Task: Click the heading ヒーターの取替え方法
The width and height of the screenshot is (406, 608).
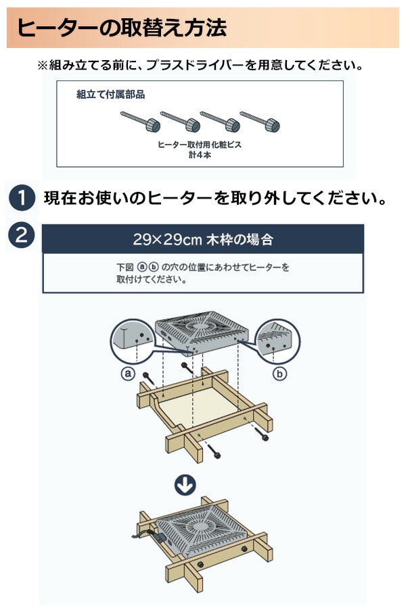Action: pyautogui.click(x=122, y=28)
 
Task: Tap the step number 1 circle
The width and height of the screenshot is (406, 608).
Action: pyautogui.click(x=22, y=199)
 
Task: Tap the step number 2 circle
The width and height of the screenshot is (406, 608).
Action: pyautogui.click(x=22, y=235)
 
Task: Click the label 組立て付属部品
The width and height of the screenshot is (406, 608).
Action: pyautogui.click(x=110, y=95)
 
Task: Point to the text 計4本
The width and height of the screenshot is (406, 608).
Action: pyautogui.click(x=199, y=154)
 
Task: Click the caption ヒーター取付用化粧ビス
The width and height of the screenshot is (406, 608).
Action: pyautogui.click(x=199, y=145)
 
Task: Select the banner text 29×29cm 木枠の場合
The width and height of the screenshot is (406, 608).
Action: pyautogui.click(x=203, y=239)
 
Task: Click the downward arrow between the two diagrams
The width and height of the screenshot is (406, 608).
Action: pyautogui.click(x=185, y=484)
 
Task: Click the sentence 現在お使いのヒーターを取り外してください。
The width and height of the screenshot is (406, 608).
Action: pyautogui.click(x=215, y=199)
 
